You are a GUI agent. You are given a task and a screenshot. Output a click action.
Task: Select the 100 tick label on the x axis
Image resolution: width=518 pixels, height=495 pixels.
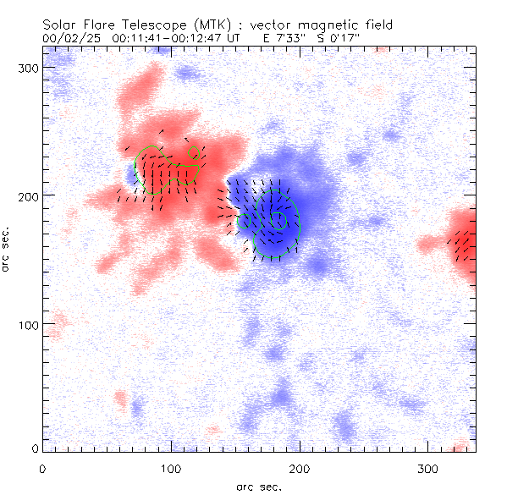[171, 468]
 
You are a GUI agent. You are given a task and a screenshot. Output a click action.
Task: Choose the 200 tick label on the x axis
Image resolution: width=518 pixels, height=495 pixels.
[299, 468]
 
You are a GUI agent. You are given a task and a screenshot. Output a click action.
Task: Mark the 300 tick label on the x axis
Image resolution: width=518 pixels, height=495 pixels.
[427, 468]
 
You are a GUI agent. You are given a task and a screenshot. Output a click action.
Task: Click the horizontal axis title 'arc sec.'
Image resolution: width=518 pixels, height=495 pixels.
[258, 486]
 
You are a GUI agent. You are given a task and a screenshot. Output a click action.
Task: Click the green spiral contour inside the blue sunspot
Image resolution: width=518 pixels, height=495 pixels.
[279, 222]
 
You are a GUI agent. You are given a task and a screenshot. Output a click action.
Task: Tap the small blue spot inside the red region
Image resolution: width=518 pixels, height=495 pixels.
[131, 173]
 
